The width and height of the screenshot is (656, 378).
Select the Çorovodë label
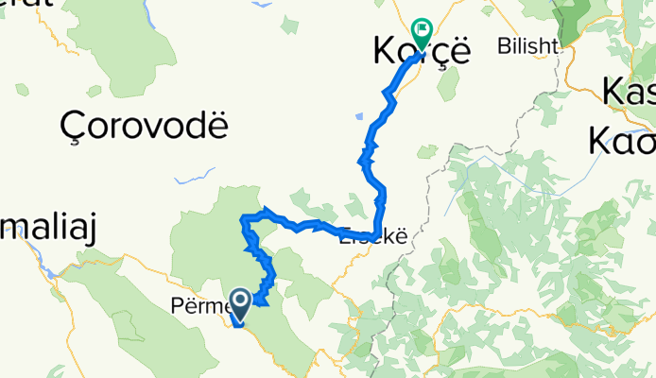point(144,123)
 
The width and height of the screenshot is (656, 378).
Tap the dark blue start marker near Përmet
point(240,301)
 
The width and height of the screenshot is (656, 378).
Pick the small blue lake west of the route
point(360,117)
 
